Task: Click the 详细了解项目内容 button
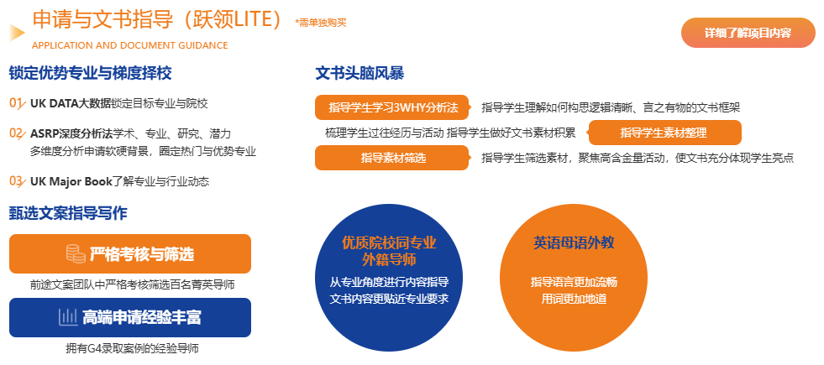(x=748, y=33)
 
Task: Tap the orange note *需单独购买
(x=321, y=23)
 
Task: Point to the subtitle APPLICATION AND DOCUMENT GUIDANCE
(x=129, y=45)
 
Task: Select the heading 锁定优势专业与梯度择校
(x=91, y=73)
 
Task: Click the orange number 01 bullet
(x=17, y=103)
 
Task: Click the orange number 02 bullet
(x=17, y=133)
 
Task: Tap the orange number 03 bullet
(x=17, y=180)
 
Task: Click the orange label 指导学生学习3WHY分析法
(x=392, y=107)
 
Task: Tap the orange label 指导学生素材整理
(x=664, y=133)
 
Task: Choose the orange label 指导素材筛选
(x=392, y=158)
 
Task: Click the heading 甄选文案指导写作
(x=68, y=213)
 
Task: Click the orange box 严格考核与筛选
(x=130, y=254)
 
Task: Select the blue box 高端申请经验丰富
(x=130, y=317)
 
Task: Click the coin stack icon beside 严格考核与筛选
(x=76, y=254)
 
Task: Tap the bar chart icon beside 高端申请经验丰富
(x=68, y=317)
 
